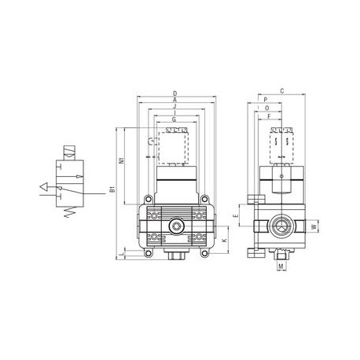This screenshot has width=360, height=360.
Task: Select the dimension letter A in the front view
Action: tap(174, 101)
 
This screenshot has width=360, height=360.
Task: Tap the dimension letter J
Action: tap(174, 108)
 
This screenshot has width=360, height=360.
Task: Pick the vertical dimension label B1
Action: tap(113, 189)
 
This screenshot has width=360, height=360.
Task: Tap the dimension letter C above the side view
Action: tap(281, 91)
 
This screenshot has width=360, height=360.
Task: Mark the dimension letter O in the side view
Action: tap(268, 108)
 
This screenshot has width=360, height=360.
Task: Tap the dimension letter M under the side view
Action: tap(281, 266)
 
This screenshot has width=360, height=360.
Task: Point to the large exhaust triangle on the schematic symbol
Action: tap(44, 188)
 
